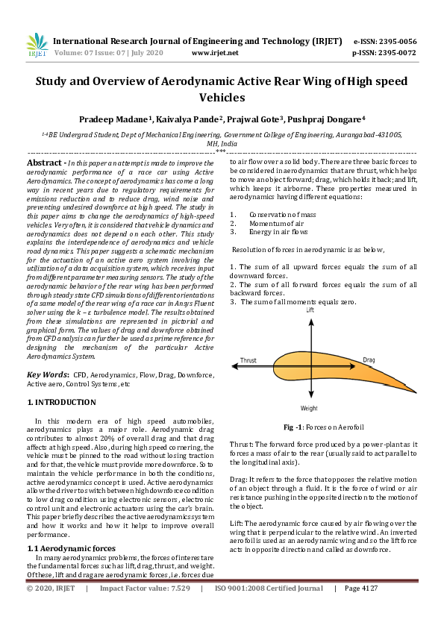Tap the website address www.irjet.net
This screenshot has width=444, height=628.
pyautogui.click(x=215, y=53)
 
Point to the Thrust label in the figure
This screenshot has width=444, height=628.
pyautogui.click(x=248, y=360)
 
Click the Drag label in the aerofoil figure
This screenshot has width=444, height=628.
pyautogui.click(x=368, y=359)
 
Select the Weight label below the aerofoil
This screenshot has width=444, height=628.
pyautogui.click(x=310, y=408)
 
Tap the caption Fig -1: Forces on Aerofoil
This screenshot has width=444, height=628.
pyautogui.click(x=323, y=427)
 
